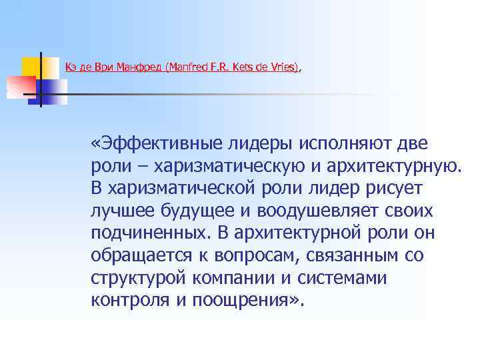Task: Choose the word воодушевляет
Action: click(321, 211)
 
